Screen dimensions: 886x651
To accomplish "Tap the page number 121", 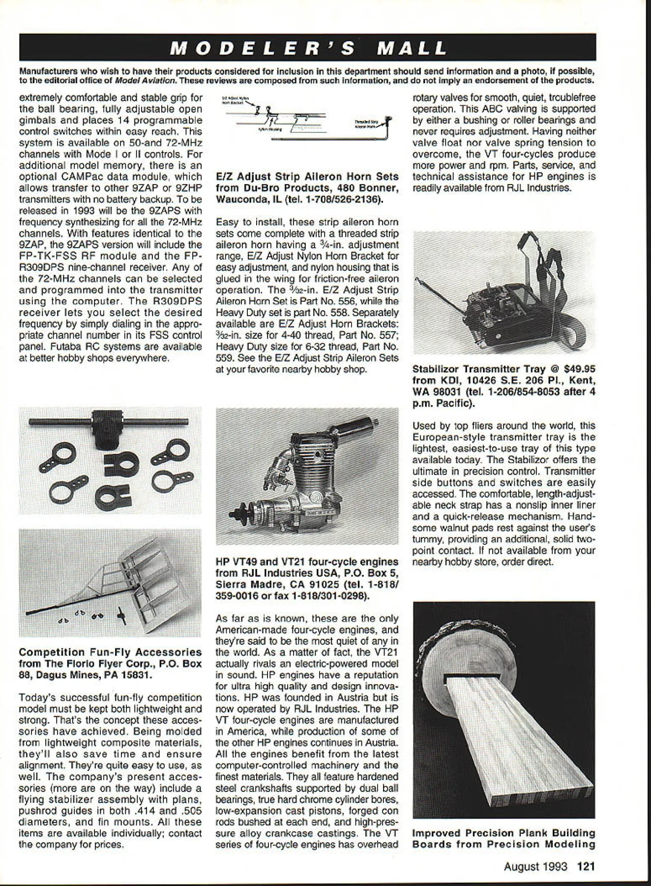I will (x=586, y=866).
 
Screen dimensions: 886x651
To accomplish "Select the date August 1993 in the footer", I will (x=535, y=866).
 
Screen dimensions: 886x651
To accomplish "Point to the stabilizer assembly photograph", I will (x=110, y=583).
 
